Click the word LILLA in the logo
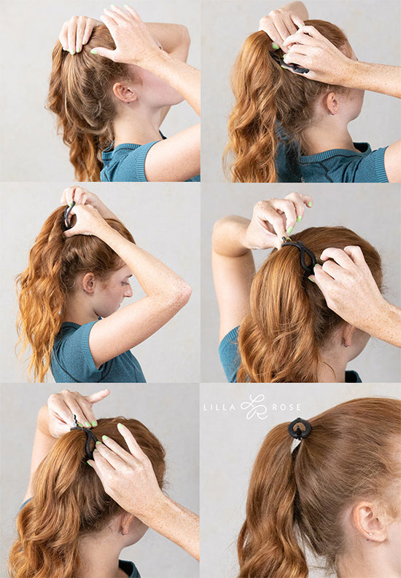point(219,408)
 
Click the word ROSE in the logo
point(286,407)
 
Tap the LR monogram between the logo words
point(254,407)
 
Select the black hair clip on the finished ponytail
point(300,428)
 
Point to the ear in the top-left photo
point(125,92)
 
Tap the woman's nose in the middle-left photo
point(128,291)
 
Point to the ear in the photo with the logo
point(369,520)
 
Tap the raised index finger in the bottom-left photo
point(97,396)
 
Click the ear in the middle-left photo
point(89,282)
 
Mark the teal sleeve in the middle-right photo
point(230,355)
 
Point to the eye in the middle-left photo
point(125,283)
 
